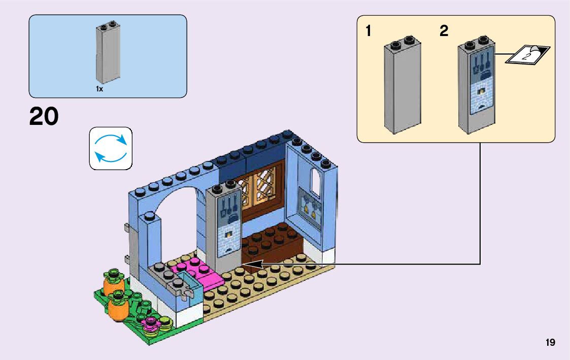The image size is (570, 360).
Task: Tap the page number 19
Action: coord(550,343)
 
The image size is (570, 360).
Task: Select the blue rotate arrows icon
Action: coord(111,148)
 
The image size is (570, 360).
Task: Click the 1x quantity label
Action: coord(99,89)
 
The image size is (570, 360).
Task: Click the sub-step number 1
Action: coord(368,31)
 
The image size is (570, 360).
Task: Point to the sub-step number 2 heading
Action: coord(444,31)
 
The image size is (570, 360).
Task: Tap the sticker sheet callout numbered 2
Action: coord(528,54)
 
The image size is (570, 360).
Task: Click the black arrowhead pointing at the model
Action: coord(252,264)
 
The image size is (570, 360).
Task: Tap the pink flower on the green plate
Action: coord(151,321)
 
